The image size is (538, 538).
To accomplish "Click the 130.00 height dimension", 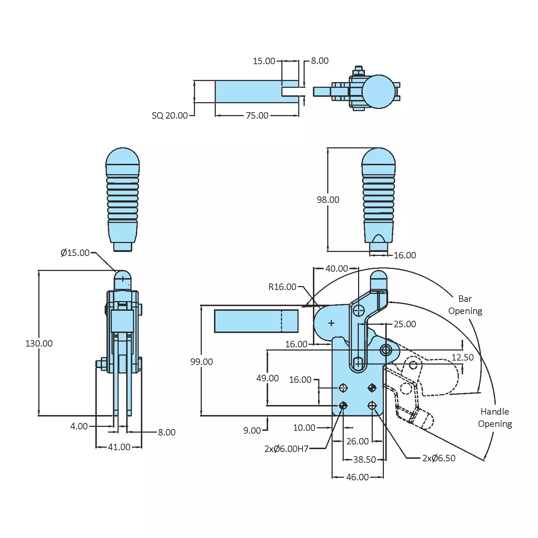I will [39, 343].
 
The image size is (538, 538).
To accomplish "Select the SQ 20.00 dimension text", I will [170, 115].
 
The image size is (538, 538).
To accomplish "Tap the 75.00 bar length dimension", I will [257, 115].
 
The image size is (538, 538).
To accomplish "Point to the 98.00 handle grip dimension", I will [328, 200].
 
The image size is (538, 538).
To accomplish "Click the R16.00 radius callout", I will [282, 287].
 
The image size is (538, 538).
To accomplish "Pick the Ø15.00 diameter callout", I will [75, 253].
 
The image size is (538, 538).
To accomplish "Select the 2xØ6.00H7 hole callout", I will [286, 449].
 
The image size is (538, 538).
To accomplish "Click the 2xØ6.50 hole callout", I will [439, 458].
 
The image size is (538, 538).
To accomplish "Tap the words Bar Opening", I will [465, 305].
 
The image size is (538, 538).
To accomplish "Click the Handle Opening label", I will [495, 418].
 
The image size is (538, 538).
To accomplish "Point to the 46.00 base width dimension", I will [357, 477].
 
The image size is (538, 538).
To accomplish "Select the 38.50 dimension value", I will [364, 460].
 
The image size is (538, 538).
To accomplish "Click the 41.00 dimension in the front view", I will [119, 447].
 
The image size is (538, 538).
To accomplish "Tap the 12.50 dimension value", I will [462, 357].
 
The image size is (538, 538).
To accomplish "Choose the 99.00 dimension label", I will [201, 362].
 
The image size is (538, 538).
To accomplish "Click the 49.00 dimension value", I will [267, 378].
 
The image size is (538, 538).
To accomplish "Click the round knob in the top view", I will [378, 92].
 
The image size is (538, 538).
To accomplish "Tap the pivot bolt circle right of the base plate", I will [386, 350].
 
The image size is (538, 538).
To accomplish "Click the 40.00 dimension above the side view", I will [336, 268].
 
